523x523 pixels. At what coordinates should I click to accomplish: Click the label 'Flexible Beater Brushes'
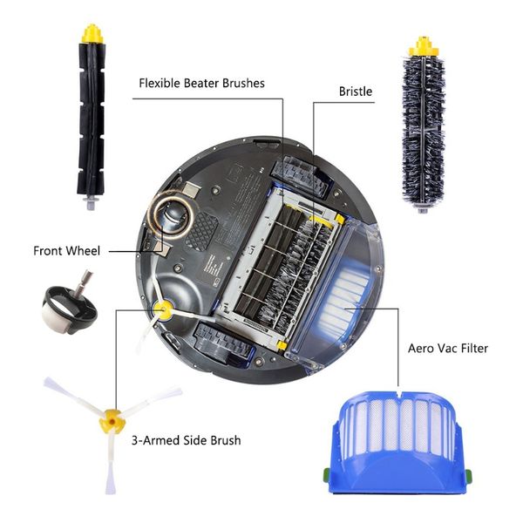point(201,83)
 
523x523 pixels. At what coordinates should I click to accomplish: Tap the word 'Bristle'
point(356,92)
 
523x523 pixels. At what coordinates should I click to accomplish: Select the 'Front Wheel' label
point(66,251)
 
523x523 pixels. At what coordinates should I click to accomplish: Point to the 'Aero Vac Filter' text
point(448,349)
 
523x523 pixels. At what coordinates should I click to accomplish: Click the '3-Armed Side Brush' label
point(187,440)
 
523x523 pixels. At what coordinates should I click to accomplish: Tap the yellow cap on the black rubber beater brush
point(92,34)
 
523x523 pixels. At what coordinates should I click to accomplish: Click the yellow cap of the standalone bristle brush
point(424,47)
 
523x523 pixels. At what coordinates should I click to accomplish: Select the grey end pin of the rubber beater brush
point(91,202)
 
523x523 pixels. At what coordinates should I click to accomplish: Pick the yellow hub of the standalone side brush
point(112,421)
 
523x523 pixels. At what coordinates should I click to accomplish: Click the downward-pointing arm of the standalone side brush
point(111,463)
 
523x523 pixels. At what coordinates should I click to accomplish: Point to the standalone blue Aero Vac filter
point(399,441)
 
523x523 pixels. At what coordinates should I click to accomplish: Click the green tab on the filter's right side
point(468,474)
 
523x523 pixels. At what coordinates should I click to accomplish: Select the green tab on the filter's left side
point(326,473)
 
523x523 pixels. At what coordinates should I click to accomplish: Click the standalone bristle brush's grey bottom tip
point(422,209)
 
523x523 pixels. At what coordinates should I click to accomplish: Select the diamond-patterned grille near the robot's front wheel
point(201,231)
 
